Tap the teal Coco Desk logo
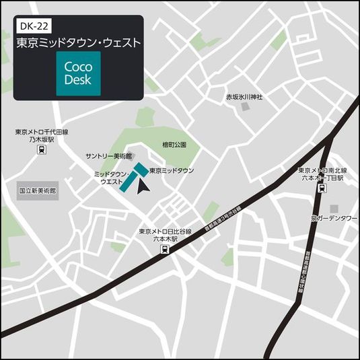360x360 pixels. click(x=78, y=73)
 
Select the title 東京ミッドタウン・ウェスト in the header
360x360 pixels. click(x=78, y=42)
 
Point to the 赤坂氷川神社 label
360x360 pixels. click(x=244, y=97)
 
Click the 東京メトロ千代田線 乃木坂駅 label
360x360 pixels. click(x=42, y=137)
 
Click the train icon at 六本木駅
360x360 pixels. click(x=164, y=250)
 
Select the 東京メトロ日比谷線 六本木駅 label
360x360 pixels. click(x=166, y=235)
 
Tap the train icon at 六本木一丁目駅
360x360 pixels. click(x=321, y=189)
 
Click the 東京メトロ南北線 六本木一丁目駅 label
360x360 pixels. click(x=323, y=175)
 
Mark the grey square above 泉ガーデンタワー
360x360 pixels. click(x=334, y=208)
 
